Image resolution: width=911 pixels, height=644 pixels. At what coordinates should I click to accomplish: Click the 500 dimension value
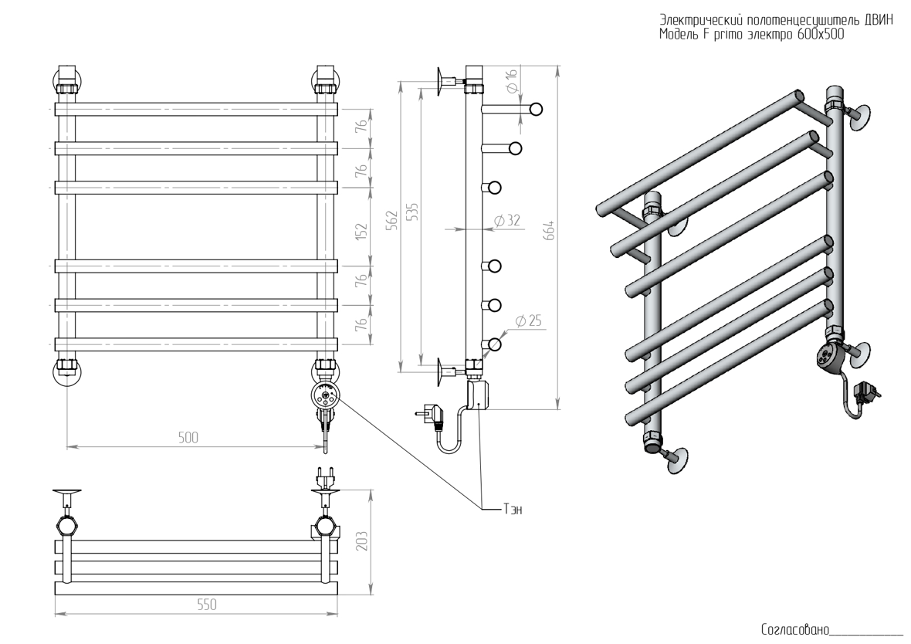coord(188,437)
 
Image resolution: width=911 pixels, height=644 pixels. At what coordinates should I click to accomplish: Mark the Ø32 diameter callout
coord(507,220)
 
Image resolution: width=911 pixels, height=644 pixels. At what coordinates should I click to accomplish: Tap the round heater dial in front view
coord(324,397)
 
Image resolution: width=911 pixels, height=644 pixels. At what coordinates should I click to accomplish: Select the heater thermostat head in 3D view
coord(828,356)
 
